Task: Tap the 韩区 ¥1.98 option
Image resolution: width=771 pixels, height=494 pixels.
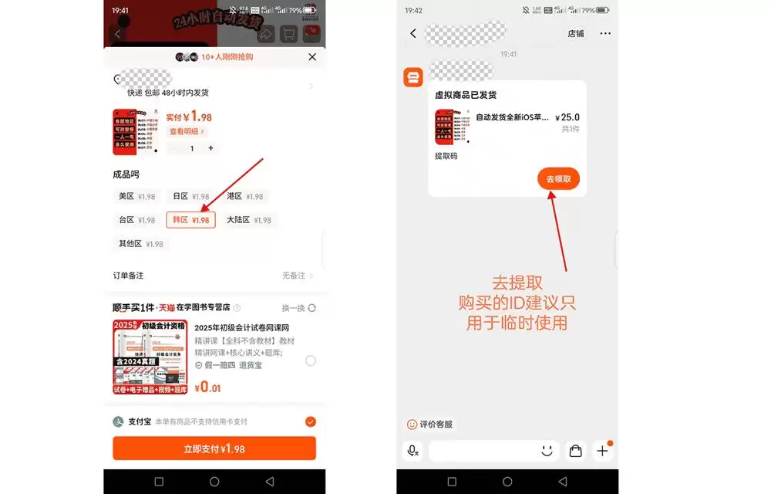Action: click(x=190, y=220)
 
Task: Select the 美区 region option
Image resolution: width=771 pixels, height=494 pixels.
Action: click(x=136, y=197)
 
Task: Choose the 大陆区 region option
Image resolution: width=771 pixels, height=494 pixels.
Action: click(x=248, y=220)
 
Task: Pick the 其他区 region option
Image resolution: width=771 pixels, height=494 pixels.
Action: click(x=140, y=244)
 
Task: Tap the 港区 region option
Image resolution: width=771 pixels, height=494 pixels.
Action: click(x=244, y=197)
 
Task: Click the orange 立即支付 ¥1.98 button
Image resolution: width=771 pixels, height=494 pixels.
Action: click(x=214, y=448)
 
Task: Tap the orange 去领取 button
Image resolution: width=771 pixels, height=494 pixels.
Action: click(x=558, y=179)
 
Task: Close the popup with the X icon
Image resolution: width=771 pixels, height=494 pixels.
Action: click(x=312, y=57)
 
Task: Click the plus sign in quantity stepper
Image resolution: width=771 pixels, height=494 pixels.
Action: click(x=210, y=148)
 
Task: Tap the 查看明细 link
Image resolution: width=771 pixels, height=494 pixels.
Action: click(x=187, y=132)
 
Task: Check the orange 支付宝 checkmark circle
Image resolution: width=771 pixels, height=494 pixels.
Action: click(x=311, y=421)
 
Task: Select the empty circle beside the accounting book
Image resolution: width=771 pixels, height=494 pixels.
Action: click(x=311, y=360)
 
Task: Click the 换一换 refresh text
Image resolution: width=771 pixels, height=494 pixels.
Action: click(x=298, y=308)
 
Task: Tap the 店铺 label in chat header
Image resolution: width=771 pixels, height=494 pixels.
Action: click(x=576, y=34)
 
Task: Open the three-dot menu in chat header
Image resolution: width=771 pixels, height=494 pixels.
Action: click(x=605, y=34)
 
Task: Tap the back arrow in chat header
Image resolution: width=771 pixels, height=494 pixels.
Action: click(x=413, y=34)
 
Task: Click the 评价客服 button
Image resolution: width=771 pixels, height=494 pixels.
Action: click(x=430, y=425)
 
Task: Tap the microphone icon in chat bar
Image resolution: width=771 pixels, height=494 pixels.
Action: click(x=413, y=451)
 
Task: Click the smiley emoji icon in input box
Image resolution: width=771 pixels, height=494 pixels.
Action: click(x=547, y=451)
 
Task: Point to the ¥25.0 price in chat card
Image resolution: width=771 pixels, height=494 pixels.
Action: click(x=567, y=118)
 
